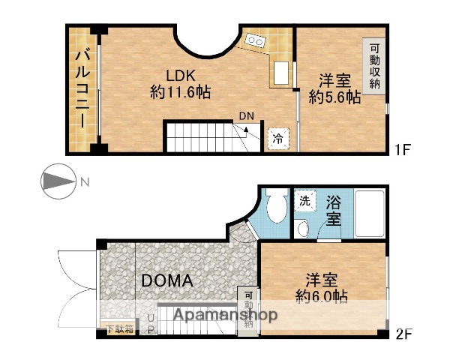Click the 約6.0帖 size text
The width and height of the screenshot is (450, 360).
pos(321,296)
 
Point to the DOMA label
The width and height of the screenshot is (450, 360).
pos(167,281)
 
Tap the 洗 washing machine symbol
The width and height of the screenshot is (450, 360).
pos(304,200)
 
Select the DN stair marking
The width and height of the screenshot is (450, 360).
pos(246,115)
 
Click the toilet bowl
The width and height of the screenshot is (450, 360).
pos(274,205)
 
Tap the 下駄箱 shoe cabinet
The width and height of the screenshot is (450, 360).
pos(119,328)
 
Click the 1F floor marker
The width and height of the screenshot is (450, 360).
pos(403,149)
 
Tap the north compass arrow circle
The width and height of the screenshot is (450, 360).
pos(57,181)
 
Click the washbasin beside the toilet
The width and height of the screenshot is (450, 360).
pos(303,228)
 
